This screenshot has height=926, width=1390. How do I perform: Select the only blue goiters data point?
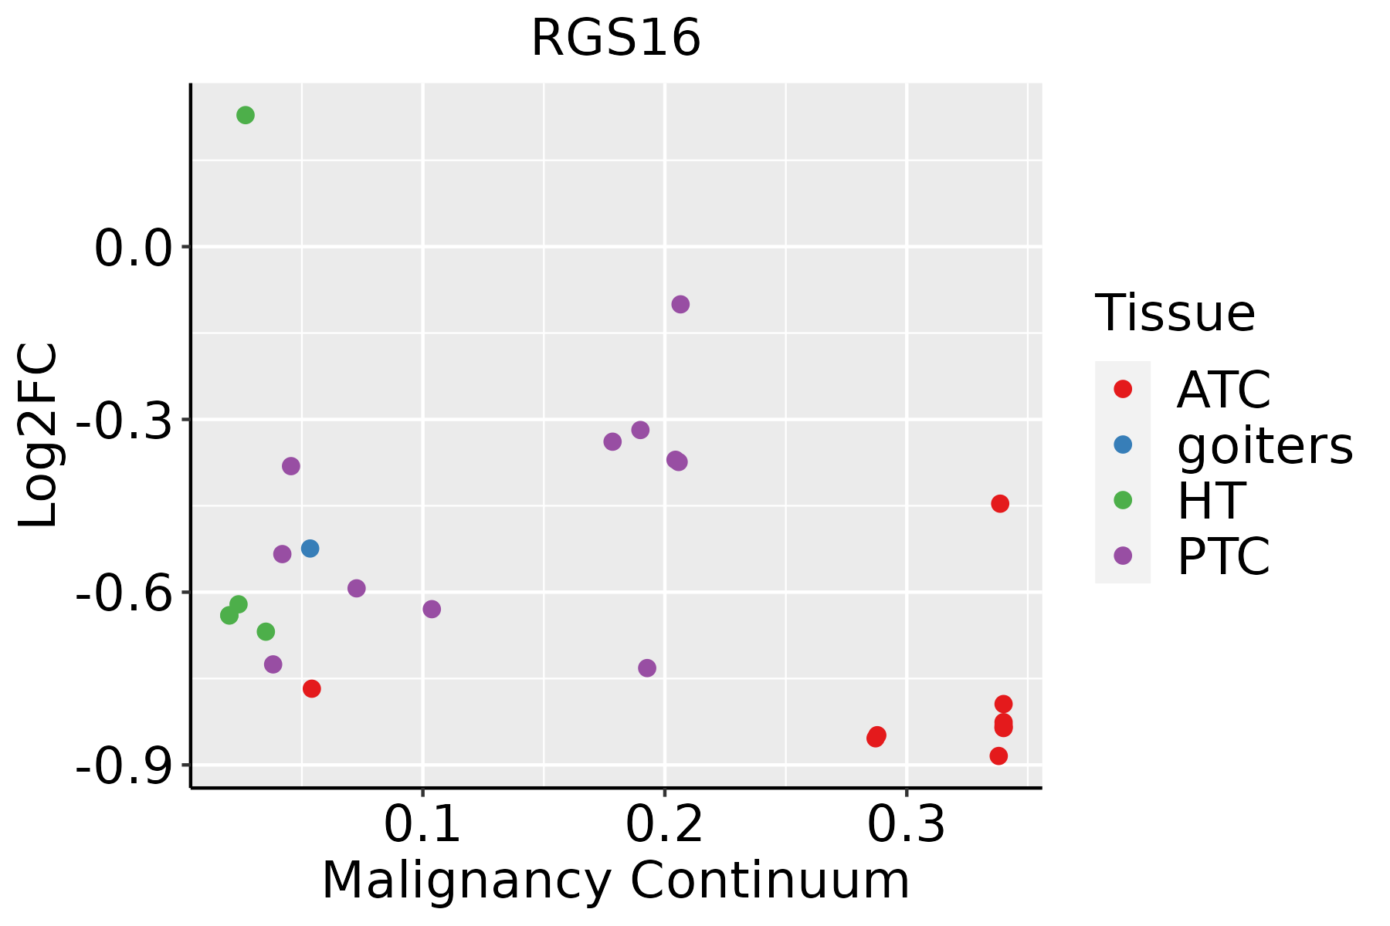click(310, 549)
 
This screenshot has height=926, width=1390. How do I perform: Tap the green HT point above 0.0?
click(246, 115)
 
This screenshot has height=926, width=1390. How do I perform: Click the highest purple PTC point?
click(680, 304)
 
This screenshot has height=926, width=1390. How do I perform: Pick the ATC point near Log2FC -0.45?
click(1000, 504)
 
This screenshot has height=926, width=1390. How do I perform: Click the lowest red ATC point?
click(998, 756)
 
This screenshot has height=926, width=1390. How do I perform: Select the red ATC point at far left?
click(312, 688)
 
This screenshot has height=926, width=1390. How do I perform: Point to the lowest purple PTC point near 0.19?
click(647, 667)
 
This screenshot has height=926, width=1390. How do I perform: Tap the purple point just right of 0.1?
click(432, 609)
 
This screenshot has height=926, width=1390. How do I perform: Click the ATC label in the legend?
click(1223, 390)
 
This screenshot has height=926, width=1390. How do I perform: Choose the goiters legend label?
click(1264, 445)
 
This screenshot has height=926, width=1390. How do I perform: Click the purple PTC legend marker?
click(1123, 556)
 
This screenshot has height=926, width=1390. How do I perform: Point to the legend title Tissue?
click(1175, 313)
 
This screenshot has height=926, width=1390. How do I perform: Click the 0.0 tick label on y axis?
click(132, 249)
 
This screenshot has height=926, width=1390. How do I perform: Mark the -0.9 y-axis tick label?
click(123, 767)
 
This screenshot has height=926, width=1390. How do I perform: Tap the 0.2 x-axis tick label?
click(664, 825)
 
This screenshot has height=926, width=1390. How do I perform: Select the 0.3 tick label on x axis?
click(906, 825)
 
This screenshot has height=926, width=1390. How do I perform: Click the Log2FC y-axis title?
click(39, 435)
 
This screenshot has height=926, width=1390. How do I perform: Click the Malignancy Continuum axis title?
click(615, 880)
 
